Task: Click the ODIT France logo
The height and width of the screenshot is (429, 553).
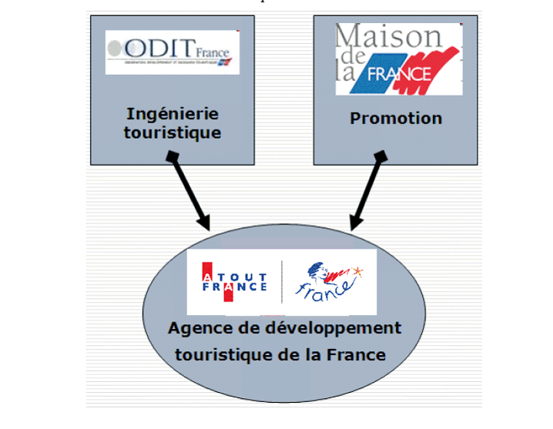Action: point(172,52)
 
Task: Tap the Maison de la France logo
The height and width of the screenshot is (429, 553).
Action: point(399,59)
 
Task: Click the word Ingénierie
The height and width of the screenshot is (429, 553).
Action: point(172,114)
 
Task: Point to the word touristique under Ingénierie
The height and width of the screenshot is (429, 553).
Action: point(172,132)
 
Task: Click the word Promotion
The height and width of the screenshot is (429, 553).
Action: point(396,119)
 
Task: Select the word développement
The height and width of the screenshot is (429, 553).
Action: point(336,328)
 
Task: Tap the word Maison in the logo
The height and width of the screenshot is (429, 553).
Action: point(388,36)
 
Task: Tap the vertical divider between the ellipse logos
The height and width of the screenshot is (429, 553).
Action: point(281,282)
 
